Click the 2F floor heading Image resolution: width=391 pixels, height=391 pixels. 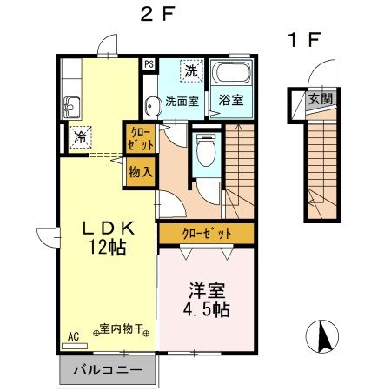point(157,14)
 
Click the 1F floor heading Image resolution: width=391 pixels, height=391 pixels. point(304,40)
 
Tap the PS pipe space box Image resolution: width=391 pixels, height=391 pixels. point(149,64)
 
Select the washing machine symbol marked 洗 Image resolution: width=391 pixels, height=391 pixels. point(191,71)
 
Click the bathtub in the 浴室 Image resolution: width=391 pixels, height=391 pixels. point(231,72)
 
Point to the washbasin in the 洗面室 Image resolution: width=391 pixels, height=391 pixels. point(152,106)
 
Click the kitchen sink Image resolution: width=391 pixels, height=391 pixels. point(71,107)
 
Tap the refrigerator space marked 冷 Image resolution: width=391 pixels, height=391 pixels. point(81,137)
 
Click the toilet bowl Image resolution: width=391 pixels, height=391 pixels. point(206,149)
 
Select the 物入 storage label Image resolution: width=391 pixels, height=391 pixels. point(140,172)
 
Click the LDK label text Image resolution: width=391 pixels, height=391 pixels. point(109,229)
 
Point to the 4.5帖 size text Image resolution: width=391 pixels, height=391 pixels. point(207,309)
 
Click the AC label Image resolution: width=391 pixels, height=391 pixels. point(73,337)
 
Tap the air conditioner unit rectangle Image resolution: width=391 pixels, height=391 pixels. point(75,346)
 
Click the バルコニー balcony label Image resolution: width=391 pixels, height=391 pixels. point(108,370)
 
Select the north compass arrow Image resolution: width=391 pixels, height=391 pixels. point(324,336)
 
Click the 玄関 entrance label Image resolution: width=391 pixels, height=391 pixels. point(321,99)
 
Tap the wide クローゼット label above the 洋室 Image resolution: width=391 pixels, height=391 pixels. point(207,234)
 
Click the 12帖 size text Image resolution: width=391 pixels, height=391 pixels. point(108,247)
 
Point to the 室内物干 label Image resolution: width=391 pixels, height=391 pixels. point(122,328)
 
